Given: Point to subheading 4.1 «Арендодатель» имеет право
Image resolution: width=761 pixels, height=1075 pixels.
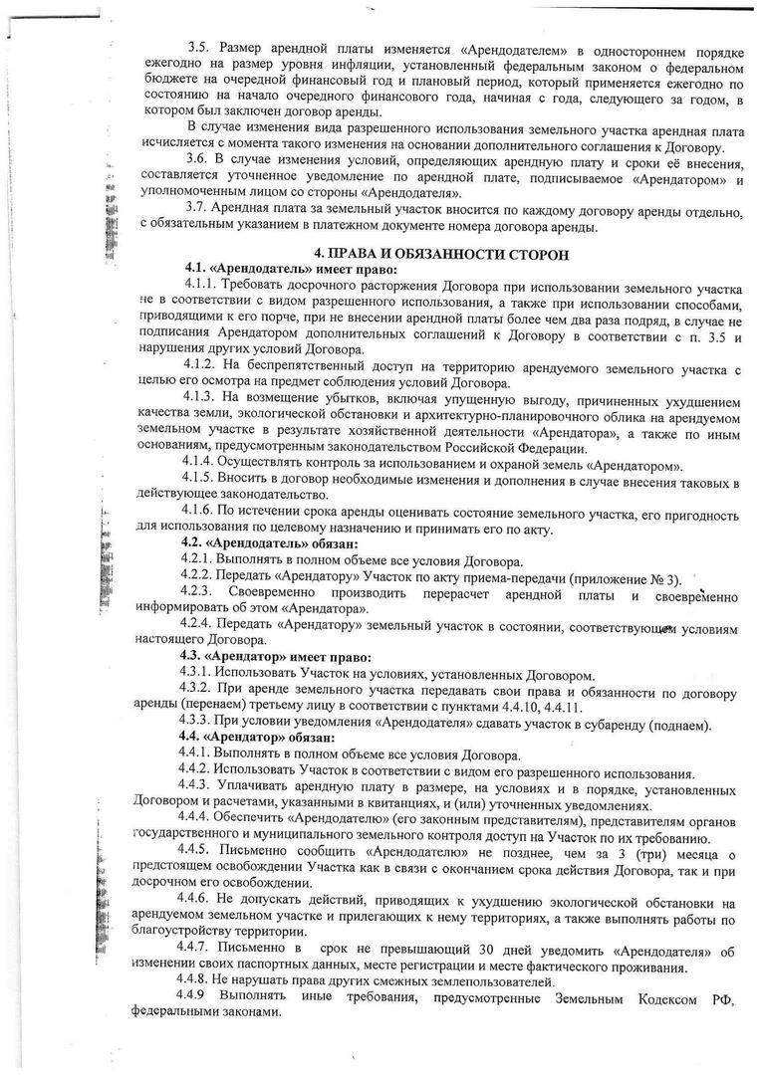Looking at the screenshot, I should coord(289,270).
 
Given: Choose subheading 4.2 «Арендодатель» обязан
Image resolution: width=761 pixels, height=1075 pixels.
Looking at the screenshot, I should coord(276,543).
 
